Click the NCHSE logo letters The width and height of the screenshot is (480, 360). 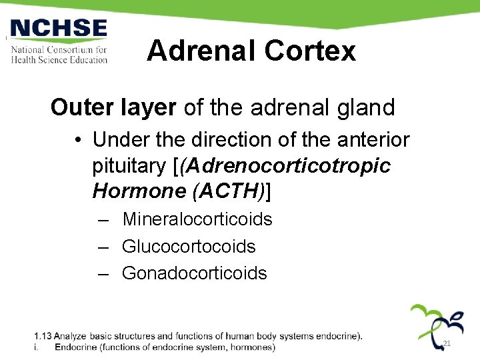59,29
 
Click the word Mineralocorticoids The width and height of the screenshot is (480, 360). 197,219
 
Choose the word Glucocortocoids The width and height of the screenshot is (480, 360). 189,246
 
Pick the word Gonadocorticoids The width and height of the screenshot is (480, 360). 194,273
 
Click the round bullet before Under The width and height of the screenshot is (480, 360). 78,140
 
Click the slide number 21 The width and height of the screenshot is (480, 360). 447,343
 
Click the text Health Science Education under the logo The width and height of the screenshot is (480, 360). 59,59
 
